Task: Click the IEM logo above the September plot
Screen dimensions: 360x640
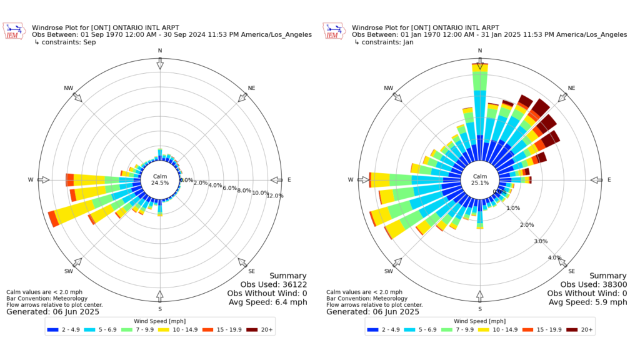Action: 12,31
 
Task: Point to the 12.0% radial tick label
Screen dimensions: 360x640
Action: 274,196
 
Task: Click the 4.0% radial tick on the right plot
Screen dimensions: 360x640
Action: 555,258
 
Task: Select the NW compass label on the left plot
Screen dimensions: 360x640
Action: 69,88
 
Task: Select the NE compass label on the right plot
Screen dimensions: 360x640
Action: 571,88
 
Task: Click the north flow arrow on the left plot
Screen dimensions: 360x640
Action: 160,64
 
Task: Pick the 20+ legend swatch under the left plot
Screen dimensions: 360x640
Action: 253,329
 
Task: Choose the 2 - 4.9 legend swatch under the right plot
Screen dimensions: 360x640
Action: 374,329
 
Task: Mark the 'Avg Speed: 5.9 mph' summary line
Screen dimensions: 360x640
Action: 587,302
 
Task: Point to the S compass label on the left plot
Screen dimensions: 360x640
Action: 160,309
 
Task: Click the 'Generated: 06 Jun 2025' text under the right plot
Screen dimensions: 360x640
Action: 372,311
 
